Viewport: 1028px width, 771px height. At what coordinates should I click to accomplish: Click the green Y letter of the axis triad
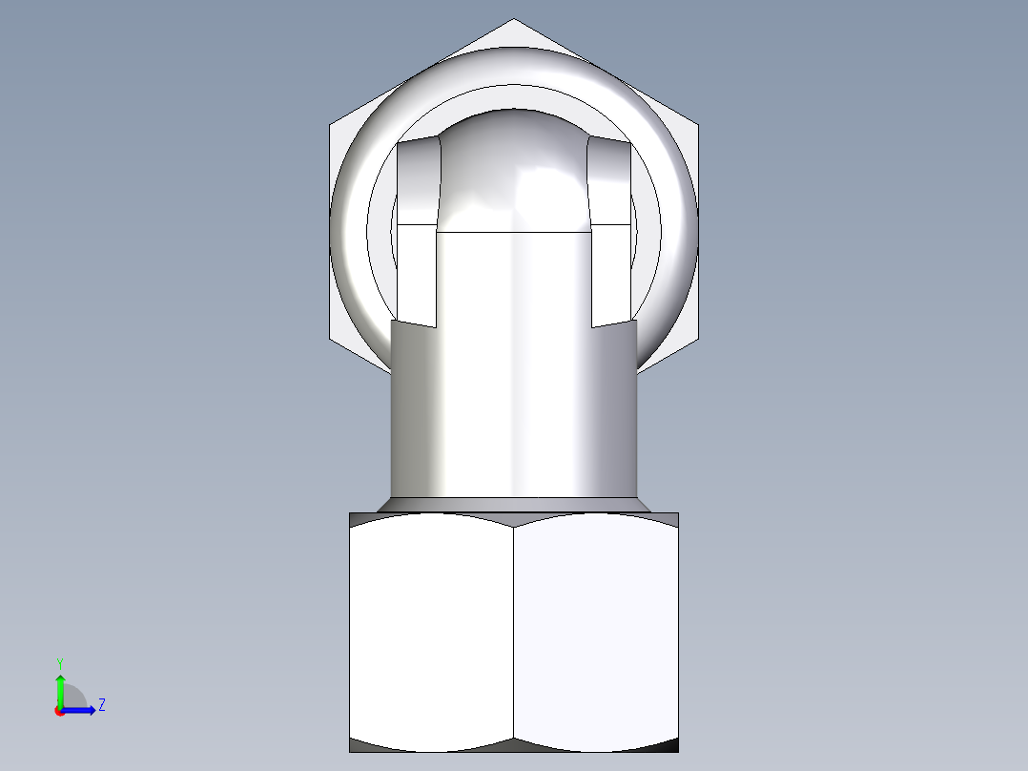[59, 662]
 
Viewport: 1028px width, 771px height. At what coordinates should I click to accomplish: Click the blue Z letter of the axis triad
[101, 705]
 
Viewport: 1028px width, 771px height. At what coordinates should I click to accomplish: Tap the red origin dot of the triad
[59, 711]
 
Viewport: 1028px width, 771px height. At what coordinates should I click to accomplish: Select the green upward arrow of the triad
[59, 687]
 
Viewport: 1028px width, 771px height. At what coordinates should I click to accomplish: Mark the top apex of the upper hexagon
[514, 19]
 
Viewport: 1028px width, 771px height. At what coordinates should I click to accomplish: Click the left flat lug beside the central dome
[417, 229]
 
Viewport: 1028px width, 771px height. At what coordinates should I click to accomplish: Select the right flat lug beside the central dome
[610, 229]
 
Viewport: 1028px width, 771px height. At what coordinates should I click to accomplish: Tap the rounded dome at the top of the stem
[513, 172]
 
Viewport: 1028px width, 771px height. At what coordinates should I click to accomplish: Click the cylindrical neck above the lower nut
[513, 410]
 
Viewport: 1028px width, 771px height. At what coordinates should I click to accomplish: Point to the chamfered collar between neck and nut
[513, 504]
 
